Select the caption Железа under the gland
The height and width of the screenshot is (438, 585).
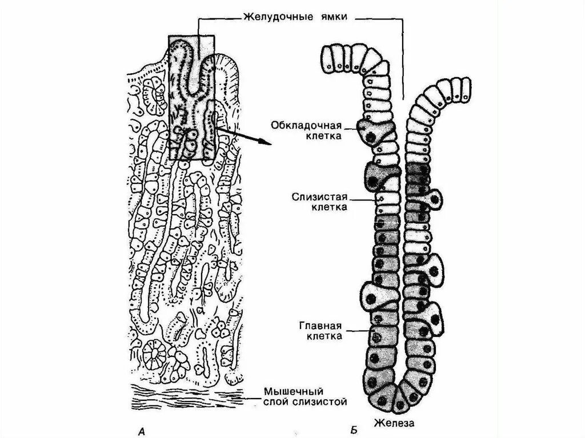pos(394,423)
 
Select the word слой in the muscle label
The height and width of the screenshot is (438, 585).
pos(275,403)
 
